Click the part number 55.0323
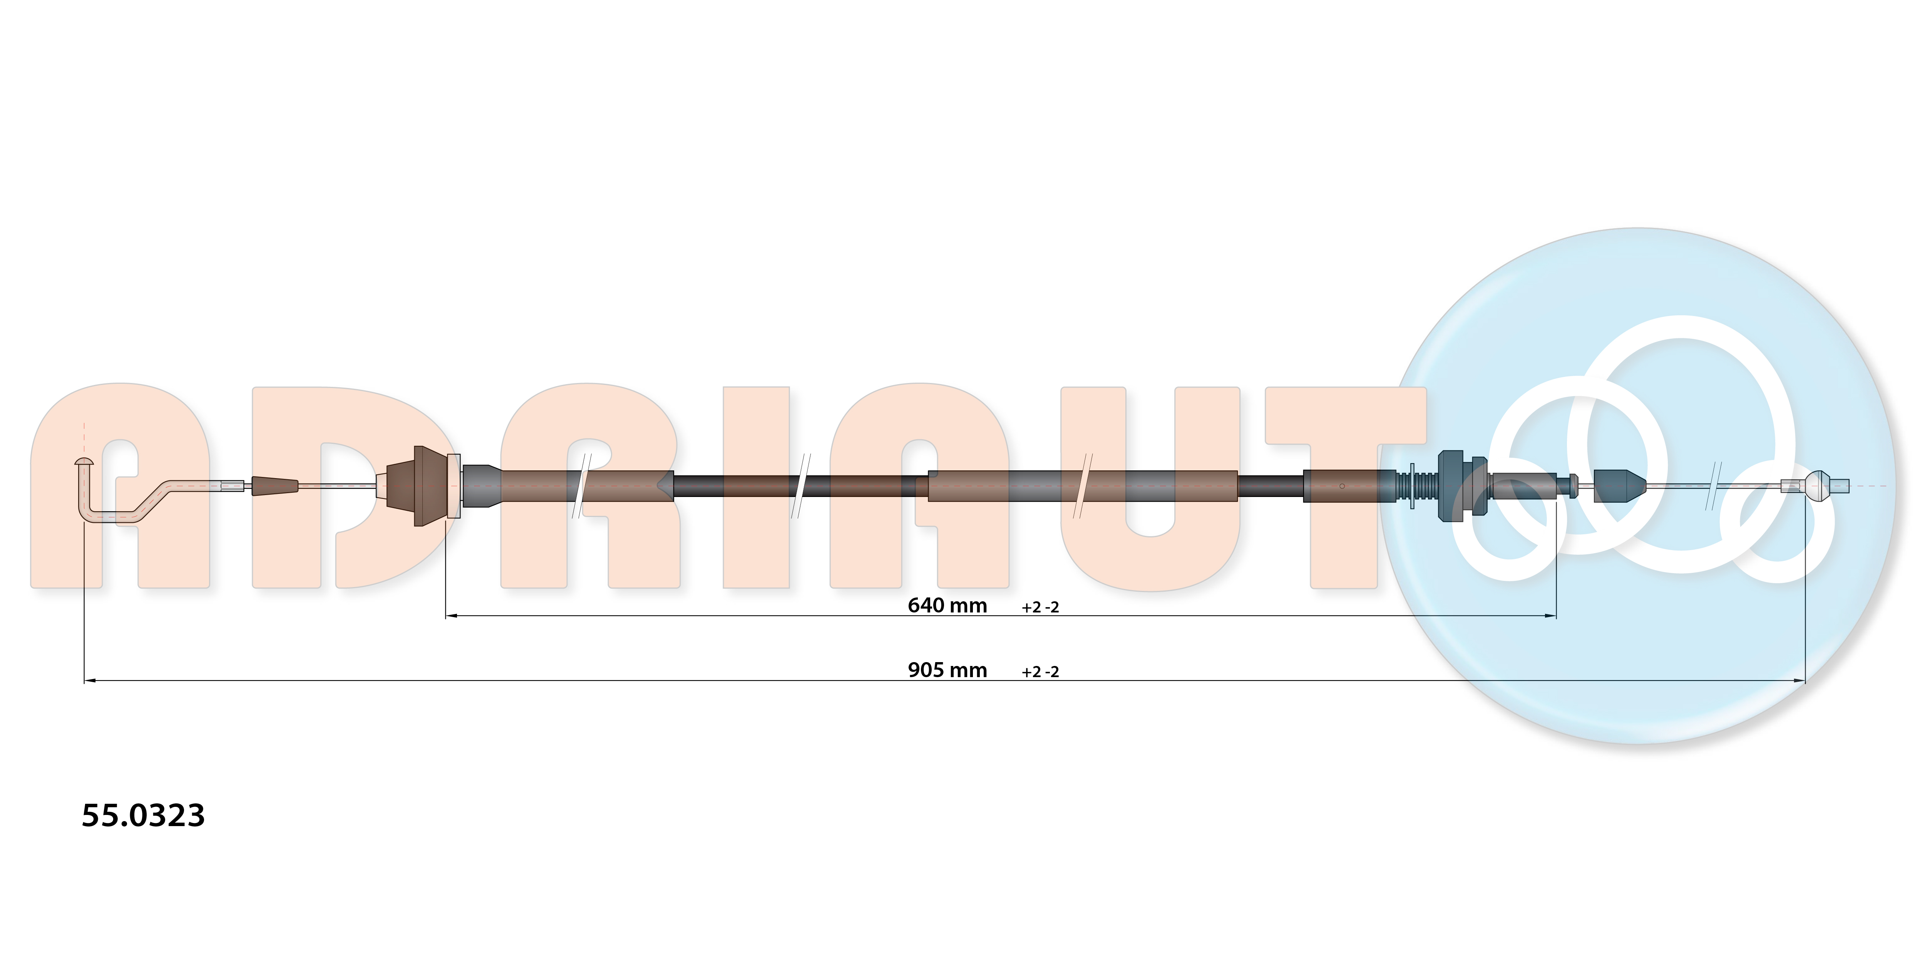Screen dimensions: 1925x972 pos(143,815)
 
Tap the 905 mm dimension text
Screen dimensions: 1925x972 pos(947,670)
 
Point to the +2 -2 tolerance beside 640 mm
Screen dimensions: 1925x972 pos(1040,607)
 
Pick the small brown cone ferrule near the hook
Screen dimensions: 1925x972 pos(274,486)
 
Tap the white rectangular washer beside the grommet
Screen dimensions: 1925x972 pos(453,486)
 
